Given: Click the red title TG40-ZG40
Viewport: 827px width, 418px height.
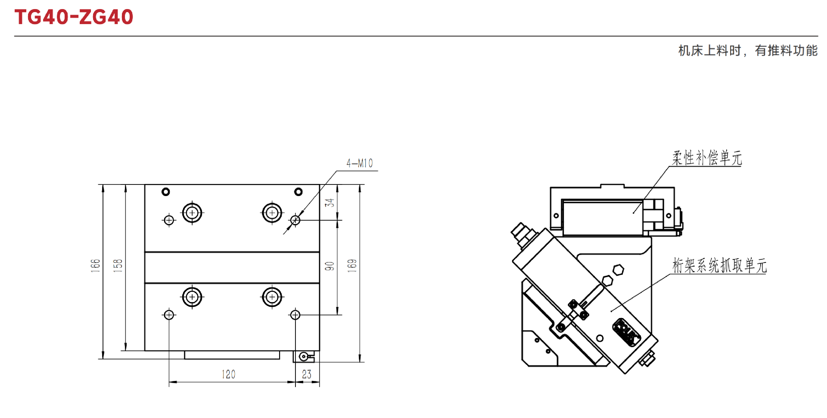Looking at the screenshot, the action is [74, 17].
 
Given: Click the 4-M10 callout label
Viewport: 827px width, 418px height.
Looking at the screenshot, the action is [360, 163].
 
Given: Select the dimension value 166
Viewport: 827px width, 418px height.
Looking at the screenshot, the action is [95, 265].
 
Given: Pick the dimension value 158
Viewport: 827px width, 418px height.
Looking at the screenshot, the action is [118, 265].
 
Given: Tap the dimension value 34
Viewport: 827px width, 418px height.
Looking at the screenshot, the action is [330, 203].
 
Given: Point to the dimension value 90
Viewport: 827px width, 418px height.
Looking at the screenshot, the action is [330, 266].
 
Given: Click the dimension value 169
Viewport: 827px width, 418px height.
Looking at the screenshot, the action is [352, 265].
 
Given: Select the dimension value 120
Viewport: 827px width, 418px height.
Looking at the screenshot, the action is [229, 374].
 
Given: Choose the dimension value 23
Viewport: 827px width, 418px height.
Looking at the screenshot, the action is [307, 374].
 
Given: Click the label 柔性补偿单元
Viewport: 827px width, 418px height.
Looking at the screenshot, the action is [707, 158].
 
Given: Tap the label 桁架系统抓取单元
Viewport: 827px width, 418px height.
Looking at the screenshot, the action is [720, 265].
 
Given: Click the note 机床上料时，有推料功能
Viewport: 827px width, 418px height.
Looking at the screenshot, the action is [748, 50].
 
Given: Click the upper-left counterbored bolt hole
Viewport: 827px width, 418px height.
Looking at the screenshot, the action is [192, 212].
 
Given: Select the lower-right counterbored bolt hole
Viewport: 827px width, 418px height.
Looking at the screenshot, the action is [272, 297].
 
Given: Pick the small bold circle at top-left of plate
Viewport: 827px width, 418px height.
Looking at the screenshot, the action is [166, 192].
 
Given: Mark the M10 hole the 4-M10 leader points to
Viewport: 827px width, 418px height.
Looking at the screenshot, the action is [295, 220].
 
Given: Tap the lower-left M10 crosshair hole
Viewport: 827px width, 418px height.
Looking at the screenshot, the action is [169, 315].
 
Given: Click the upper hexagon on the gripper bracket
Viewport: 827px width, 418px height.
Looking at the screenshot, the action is [619, 270].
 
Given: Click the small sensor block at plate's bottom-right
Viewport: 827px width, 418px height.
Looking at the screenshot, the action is [304, 356].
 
